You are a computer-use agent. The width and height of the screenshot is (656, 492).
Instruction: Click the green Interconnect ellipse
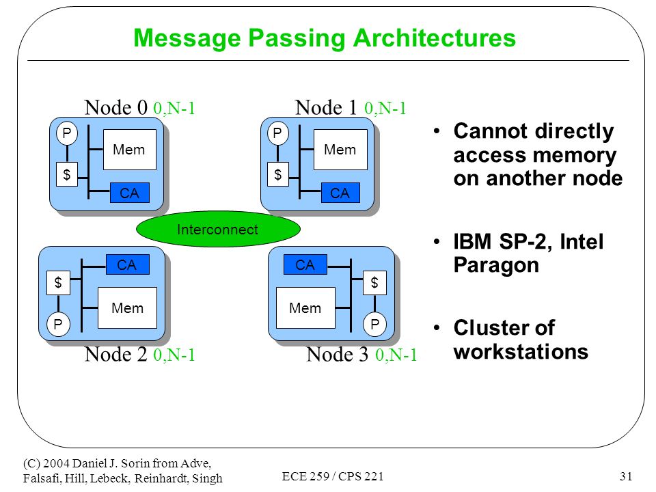(218, 229)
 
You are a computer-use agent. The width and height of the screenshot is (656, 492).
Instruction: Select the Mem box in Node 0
(130, 150)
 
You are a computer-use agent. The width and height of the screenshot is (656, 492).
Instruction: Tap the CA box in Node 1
(340, 193)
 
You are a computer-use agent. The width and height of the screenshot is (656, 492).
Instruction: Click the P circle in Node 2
(58, 324)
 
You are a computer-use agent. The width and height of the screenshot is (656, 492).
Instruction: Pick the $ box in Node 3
(374, 283)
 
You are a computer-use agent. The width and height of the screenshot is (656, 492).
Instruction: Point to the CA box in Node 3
(305, 264)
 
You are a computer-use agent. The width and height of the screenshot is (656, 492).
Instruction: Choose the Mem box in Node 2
(127, 307)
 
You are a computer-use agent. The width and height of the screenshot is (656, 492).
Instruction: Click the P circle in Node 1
(277, 133)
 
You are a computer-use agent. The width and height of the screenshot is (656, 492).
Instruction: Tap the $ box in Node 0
(67, 174)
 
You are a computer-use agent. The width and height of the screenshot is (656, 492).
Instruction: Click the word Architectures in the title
(435, 38)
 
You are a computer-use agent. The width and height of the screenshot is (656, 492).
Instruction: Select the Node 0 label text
(116, 107)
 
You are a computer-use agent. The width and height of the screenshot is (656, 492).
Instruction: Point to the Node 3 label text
(337, 355)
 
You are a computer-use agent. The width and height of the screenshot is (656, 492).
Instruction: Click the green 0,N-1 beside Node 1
(385, 109)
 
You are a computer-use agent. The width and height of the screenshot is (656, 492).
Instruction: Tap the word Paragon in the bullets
(496, 266)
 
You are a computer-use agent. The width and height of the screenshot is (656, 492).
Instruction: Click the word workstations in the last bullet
(521, 351)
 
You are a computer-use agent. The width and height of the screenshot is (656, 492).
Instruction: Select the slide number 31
(626, 476)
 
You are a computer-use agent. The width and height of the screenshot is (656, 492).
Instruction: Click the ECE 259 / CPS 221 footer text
(333, 476)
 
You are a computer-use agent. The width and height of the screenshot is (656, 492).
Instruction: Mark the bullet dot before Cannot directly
(437, 131)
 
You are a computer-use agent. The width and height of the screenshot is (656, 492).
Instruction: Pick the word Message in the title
(187, 38)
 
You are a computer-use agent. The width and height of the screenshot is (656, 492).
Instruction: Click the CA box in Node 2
(127, 264)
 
